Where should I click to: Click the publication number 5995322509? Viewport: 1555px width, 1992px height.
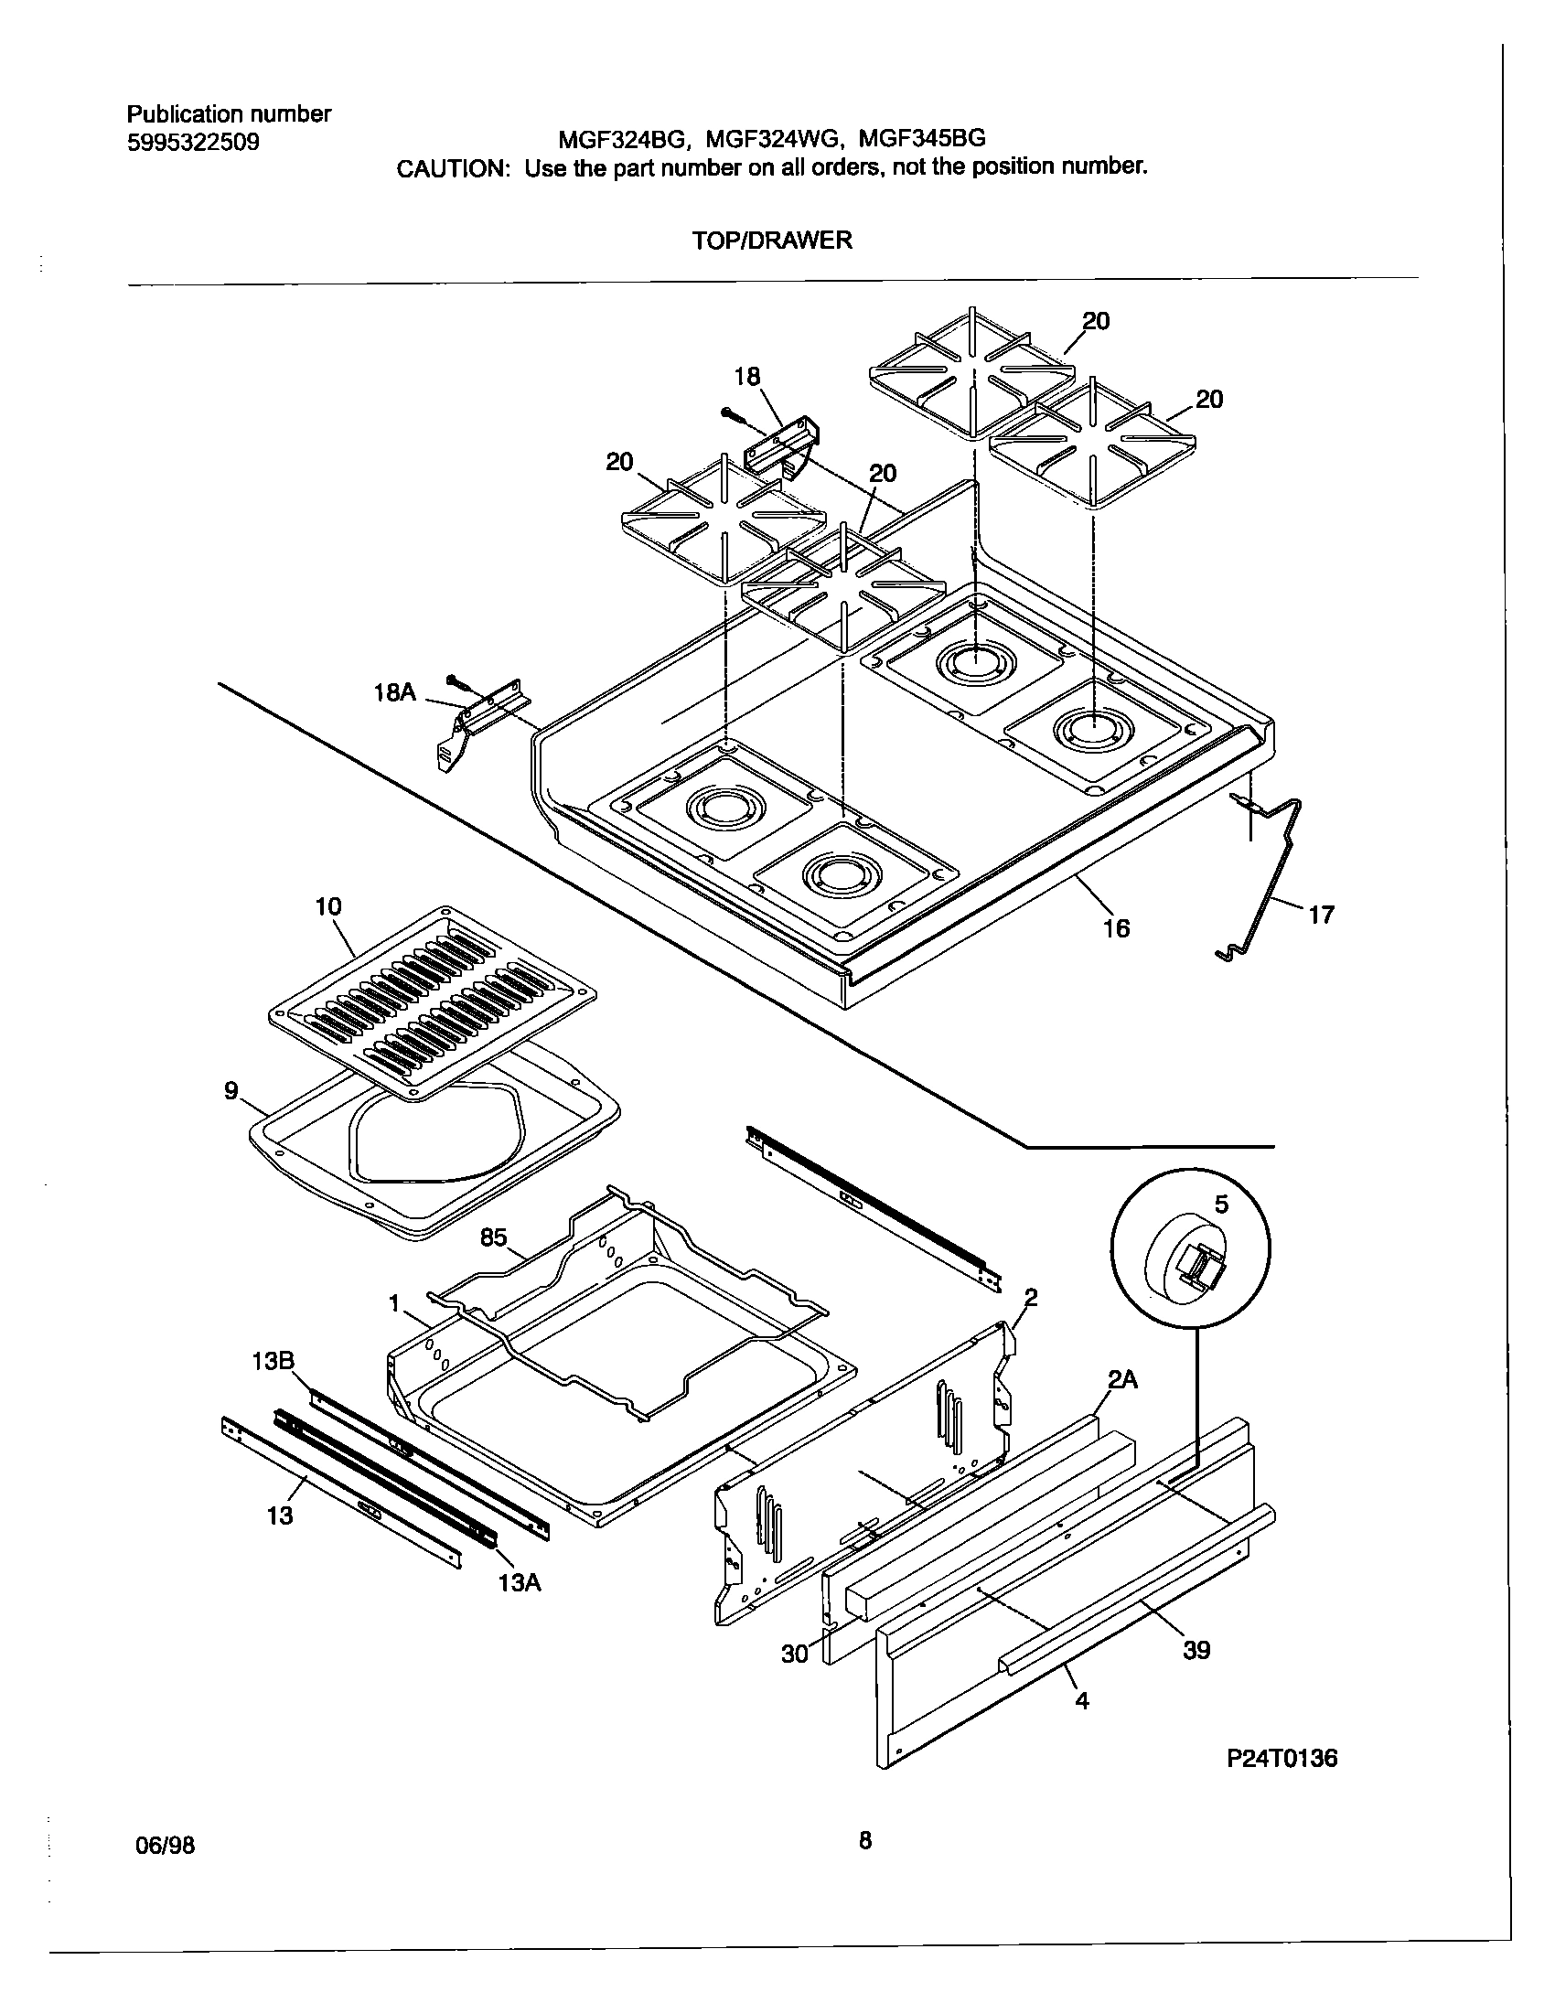[193, 144]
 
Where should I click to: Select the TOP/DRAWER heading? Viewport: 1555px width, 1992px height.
[772, 241]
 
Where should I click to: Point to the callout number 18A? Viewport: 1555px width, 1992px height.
[395, 693]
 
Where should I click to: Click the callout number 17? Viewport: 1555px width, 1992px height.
[1321, 914]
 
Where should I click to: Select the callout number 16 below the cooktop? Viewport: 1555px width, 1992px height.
[1117, 929]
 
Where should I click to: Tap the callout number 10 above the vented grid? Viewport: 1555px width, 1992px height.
[327, 906]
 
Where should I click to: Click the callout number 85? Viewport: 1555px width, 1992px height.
[493, 1238]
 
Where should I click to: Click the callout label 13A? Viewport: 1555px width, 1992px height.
[520, 1582]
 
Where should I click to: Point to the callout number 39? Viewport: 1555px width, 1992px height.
[1196, 1651]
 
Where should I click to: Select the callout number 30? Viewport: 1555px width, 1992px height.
[795, 1654]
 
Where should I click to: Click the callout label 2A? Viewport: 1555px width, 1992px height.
[1122, 1381]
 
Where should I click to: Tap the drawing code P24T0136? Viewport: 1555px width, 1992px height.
[1282, 1759]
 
